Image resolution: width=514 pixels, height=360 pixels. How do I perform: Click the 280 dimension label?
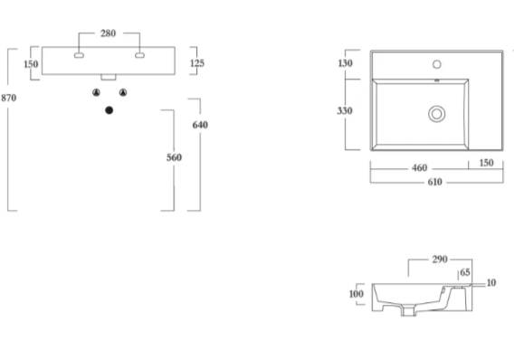coord(109,33)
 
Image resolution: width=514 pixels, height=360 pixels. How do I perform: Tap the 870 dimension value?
coord(8,98)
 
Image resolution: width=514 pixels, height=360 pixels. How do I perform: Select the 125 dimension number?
coord(197,63)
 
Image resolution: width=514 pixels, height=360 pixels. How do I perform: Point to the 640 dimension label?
coord(200,125)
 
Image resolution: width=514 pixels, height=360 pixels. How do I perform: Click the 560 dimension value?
coord(174,157)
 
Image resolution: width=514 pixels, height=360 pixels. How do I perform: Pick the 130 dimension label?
coord(345,63)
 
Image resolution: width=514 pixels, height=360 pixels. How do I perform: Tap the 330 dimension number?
coord(345,110)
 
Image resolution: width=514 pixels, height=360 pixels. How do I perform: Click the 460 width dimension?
coord(420,168)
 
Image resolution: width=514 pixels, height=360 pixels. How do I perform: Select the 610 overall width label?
coord(435,182)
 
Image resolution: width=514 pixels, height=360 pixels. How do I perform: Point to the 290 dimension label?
coord(440,260)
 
